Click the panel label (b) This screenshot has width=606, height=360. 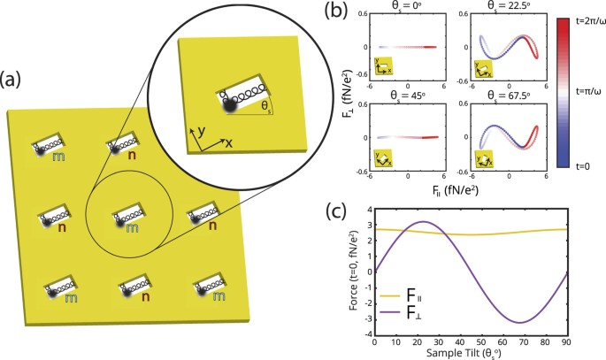(341, 12)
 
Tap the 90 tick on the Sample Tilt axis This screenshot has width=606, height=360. (593, 342)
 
